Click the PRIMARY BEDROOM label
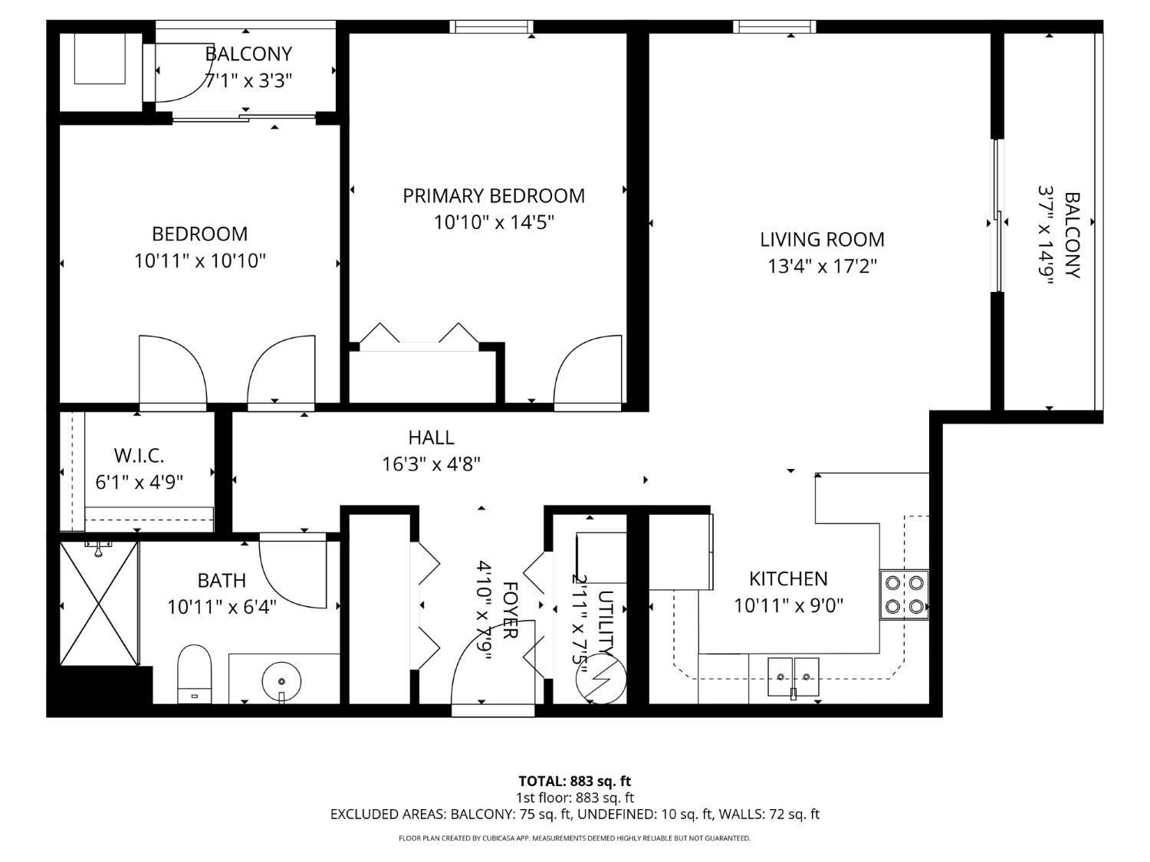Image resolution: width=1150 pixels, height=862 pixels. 494,195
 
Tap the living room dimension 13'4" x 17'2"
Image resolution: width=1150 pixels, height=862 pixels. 822,267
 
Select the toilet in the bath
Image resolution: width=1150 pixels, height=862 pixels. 195,674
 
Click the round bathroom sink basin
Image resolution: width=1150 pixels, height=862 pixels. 282,681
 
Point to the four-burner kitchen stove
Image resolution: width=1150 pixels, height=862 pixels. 904,595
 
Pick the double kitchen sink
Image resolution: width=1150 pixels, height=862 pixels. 793,677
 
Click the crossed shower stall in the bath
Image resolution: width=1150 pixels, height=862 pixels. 100,604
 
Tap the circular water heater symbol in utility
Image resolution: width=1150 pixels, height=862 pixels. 601,679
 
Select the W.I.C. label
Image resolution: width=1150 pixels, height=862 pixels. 139,456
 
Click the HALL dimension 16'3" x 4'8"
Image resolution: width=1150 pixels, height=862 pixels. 431,464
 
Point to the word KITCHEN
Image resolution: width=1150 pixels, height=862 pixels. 788,578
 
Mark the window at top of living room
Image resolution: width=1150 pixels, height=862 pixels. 774,27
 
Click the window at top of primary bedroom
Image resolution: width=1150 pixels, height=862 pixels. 491,27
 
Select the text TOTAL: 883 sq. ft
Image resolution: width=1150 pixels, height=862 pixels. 575,782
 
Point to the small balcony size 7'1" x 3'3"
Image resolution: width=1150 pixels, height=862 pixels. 248,81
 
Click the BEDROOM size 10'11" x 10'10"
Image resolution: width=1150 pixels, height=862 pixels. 200,261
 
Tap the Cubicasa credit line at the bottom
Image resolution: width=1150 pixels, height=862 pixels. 575,838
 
